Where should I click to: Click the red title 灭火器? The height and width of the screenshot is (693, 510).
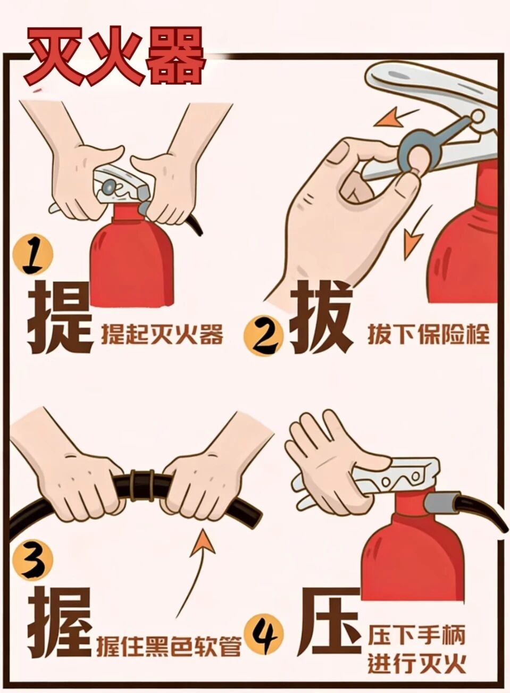[x=115, y=56]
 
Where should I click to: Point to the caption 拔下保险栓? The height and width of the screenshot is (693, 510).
[x=429, y=335]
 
